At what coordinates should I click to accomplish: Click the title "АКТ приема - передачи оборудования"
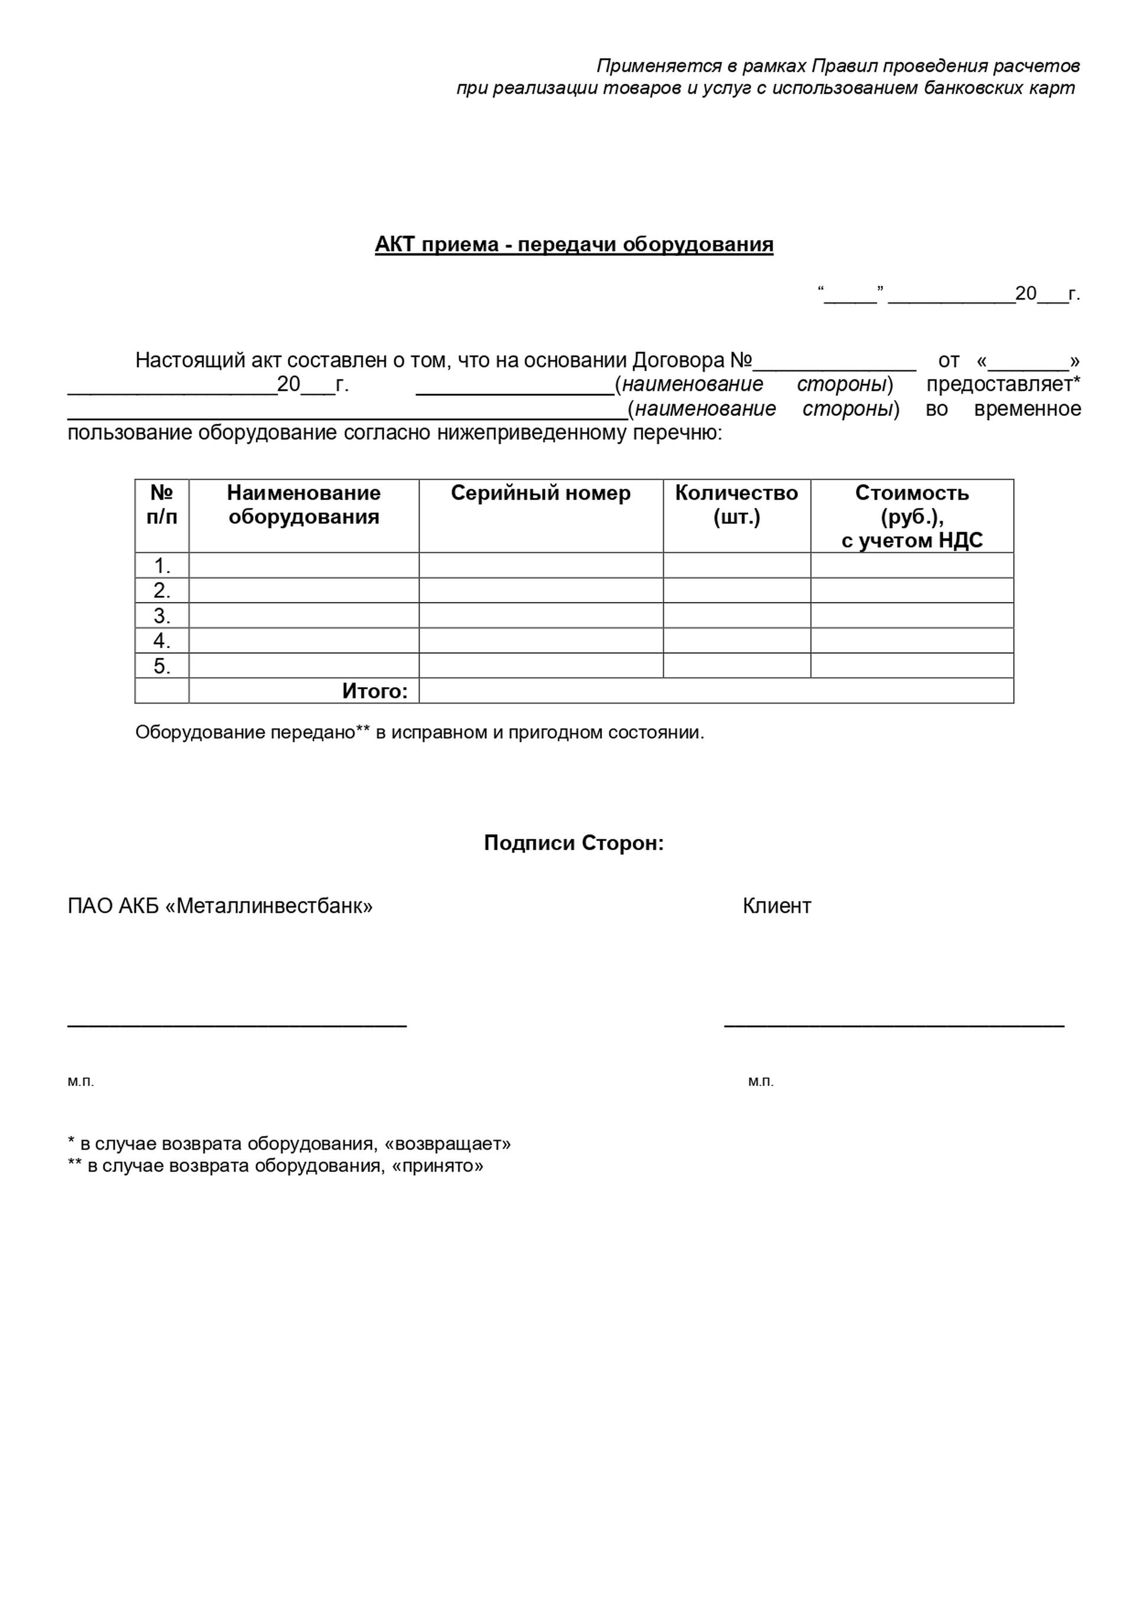tap(574, 245)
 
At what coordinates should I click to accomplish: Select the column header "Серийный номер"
tap(540, 493)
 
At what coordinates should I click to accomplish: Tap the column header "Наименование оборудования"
tap(303, 505)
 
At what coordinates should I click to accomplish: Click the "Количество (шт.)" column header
tap(736, 505)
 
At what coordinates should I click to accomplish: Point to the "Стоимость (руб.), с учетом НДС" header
tap(912, 516)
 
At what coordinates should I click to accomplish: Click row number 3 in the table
tap(161, 616)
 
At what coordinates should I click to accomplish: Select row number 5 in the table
tap(161, 666)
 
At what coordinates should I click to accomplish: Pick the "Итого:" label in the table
tap(375, 691)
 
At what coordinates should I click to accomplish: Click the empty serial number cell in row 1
tap(540, 565)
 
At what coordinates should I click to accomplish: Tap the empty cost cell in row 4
tap(912, 640)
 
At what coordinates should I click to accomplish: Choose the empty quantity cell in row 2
tap(736, 590)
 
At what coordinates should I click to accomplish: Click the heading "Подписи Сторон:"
tap(574, 843)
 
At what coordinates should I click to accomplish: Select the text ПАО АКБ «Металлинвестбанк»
tap(220, 906)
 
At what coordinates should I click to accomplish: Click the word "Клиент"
tap(776, 906)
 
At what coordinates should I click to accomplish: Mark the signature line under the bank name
tap(237, 1024)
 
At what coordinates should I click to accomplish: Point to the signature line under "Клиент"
tap(894, 1024)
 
